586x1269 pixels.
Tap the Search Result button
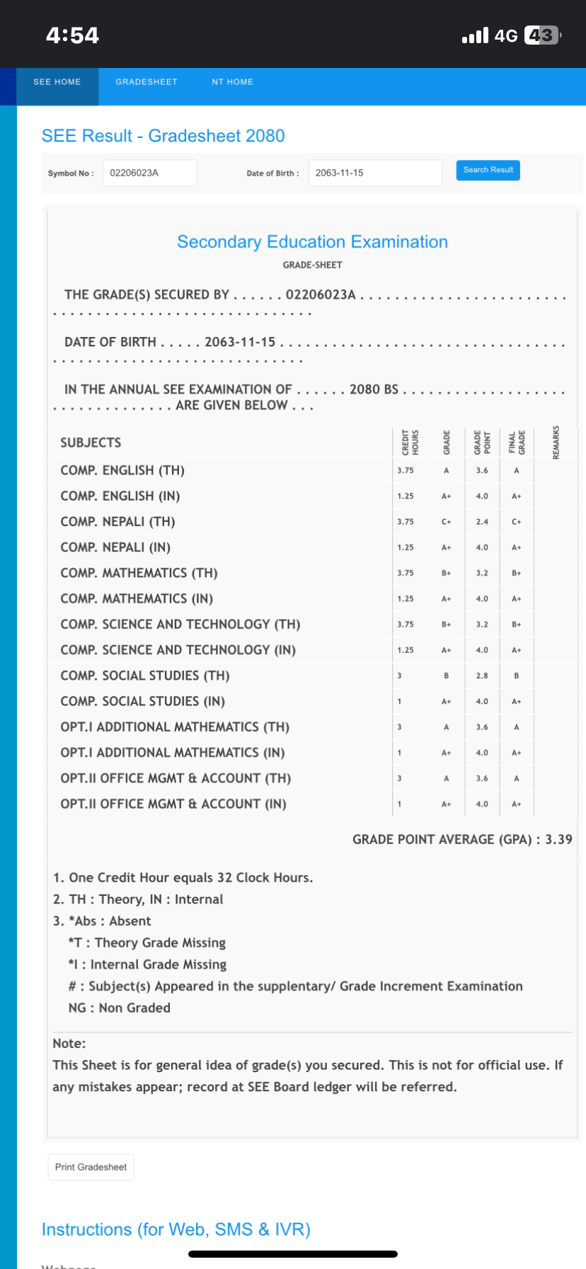(488, 170)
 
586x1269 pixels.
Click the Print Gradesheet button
(91, 1167)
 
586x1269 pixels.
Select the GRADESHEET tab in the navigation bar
(146, 82)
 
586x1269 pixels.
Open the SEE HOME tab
(57, 82)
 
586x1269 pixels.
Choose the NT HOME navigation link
(232, 82)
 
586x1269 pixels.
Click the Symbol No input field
(149, 173)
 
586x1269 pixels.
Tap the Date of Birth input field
(374, 173)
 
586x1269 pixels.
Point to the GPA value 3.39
(558, 839)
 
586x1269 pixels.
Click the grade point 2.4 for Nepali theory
(482, 522)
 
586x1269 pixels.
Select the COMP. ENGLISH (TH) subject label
(122, 470)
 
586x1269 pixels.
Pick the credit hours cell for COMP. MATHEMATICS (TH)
(406, 573)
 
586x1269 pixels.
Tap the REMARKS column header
(556, 442)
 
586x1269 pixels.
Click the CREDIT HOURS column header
(410, 442)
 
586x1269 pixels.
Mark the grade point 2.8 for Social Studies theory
(482, 676)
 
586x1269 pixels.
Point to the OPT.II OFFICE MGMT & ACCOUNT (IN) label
(173, 804)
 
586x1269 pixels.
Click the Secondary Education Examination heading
(312, 242)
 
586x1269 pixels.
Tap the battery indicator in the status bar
(542, 35)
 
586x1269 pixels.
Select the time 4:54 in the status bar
(72, 35)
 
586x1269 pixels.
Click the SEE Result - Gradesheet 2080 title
(163, 136)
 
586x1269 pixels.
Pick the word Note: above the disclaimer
(69, 1043)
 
